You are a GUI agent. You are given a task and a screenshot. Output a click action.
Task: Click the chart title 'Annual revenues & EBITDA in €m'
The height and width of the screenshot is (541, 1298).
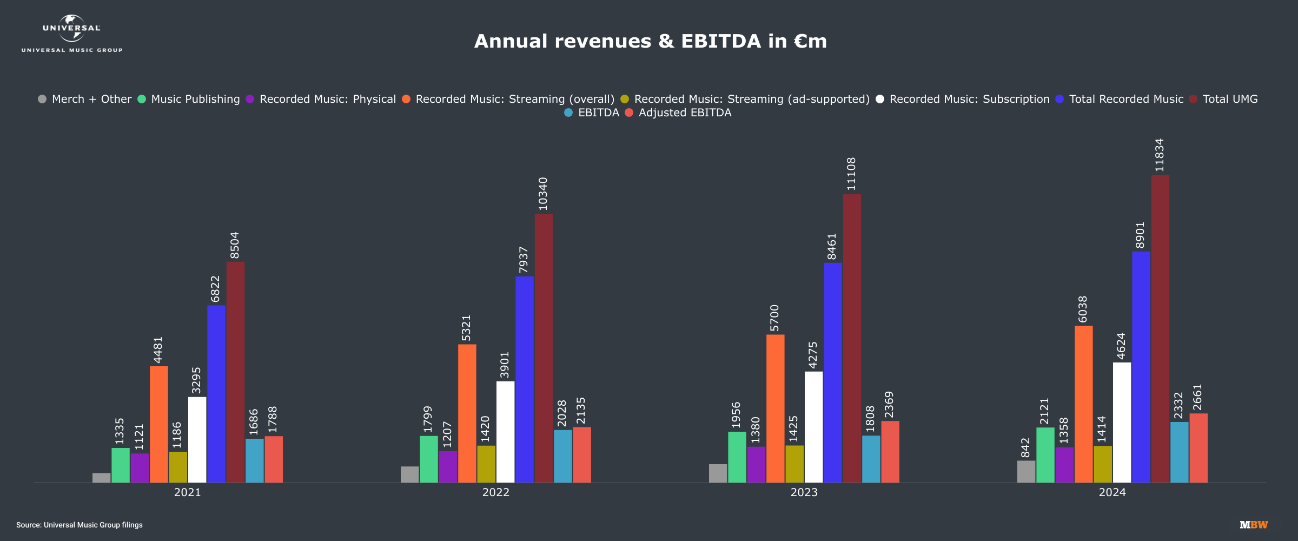(650, 41)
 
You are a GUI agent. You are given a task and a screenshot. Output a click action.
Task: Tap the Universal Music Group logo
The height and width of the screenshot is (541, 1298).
(72, 34)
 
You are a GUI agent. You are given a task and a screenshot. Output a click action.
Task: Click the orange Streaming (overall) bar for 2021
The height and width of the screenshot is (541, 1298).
(159, 424)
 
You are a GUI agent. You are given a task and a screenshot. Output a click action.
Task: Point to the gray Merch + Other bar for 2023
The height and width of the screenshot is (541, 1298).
(718, 473)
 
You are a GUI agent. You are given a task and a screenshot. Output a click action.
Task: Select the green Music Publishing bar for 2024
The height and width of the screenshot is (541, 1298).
(1045, 455)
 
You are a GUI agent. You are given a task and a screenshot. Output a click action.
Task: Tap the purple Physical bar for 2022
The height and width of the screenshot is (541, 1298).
(448, 467)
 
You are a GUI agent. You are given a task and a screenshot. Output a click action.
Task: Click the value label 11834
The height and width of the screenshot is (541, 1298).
(1160, 155)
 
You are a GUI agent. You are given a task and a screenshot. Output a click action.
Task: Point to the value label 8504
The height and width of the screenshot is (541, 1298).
(235, 246)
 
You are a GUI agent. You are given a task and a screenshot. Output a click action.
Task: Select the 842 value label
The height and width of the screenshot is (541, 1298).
(1026, 448)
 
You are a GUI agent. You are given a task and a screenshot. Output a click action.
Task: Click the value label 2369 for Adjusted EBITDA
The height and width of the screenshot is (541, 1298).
(889, 405)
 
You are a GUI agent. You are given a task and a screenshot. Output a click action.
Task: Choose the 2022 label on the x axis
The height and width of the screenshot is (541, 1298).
(495, 492)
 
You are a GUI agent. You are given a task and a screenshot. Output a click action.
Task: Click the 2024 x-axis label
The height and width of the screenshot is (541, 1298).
(1112, 492)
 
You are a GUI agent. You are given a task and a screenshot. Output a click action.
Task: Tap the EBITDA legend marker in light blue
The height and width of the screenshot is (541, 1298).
(568, 113)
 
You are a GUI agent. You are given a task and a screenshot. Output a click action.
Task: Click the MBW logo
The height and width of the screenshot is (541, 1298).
(1254, 525)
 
